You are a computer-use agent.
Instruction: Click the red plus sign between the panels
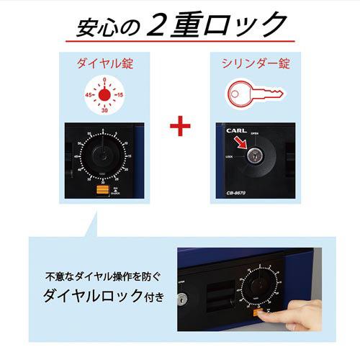coord(179,127)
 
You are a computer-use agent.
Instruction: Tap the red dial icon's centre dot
coord(105,94)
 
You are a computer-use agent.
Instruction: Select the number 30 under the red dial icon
coord(105,112)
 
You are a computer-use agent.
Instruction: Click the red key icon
coord(254,95)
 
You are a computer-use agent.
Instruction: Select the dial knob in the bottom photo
coord(259,287)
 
